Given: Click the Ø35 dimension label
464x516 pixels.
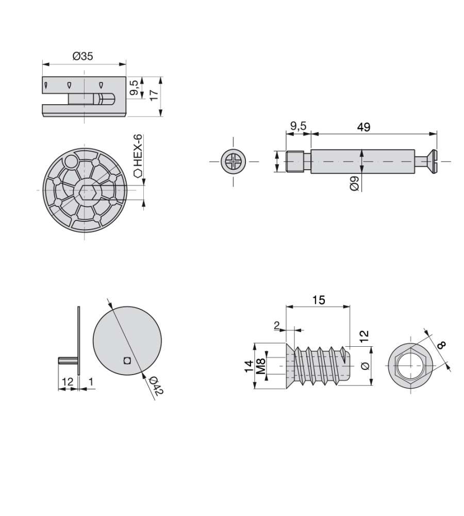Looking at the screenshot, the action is pos(83,56).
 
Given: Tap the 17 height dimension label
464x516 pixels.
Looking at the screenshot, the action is pos(154,95).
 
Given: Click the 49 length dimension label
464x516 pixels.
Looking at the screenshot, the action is pos(363,127).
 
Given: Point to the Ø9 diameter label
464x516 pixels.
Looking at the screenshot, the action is pos(354,183).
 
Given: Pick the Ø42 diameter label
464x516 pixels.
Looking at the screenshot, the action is pos(156,386).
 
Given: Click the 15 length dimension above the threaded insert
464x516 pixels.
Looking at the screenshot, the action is pos(318,300).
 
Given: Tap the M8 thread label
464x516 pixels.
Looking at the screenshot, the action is pos(261,366).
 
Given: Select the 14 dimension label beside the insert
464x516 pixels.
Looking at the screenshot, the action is pos(249,366).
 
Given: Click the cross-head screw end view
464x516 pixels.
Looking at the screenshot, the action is pos(234,162).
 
